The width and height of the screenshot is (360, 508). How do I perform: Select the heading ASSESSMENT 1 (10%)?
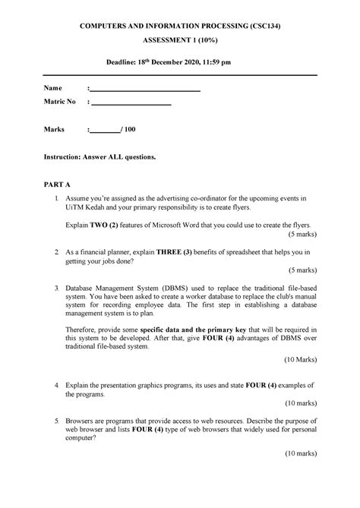181,43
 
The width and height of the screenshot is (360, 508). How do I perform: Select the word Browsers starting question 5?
82,420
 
